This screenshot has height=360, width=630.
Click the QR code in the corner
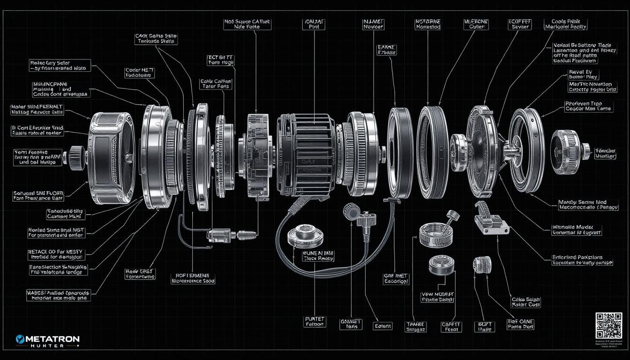[609, 325]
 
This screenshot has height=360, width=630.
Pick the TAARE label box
[415, 326]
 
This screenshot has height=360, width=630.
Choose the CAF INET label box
[396, 279]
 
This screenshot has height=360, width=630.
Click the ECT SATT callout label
[220, 60]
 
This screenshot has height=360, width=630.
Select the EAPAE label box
[386, 50]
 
